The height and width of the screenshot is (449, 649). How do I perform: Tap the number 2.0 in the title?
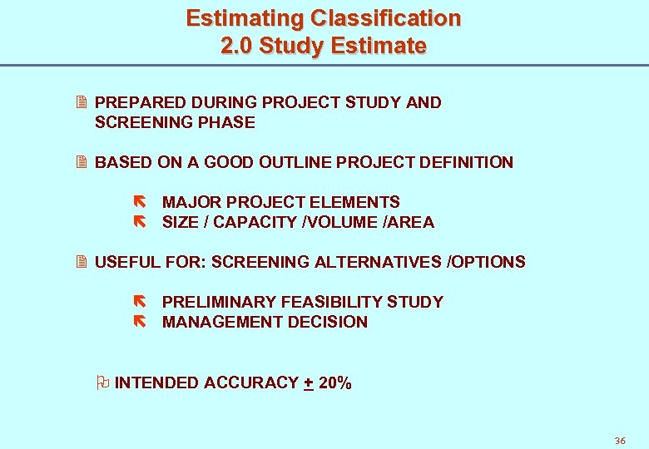pos(237,46)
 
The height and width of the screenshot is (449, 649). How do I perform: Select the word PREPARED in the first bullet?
pos(141,102)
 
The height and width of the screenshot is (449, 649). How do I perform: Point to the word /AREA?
pos(408,222)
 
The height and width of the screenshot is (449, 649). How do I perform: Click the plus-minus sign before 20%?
pos(309,383)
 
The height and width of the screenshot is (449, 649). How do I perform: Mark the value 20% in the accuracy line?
pos(334,383)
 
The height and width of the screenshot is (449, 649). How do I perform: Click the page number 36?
pos(619,441)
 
